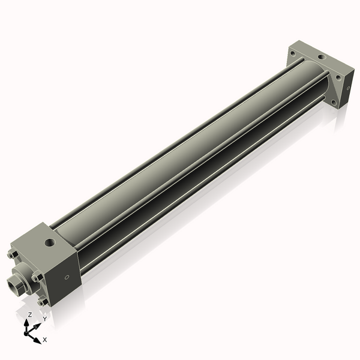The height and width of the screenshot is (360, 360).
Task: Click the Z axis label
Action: tap(29, 314)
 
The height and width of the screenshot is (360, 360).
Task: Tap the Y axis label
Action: tap(44, 319)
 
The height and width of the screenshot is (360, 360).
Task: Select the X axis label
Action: tap(45, 340)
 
